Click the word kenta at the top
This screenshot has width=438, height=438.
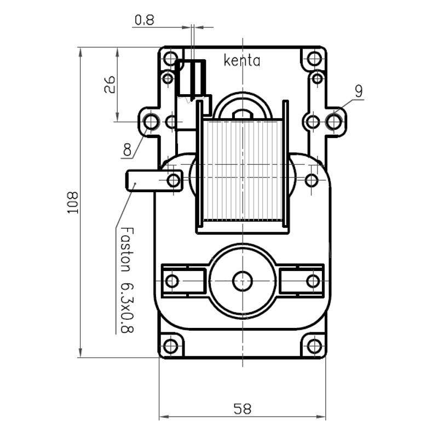pyautogui.click(x=242, y=60)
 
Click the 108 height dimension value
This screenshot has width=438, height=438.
pyautogui.click(x=73, y=203)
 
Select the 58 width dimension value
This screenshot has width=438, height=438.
pyautogui.click(x=242, y=408)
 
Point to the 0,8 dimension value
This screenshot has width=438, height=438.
pyautogui.click(x=144, y=20)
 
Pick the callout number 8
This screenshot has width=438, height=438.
pyautogui.click(x=127, y=149)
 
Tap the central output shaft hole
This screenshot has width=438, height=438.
pyautogui.click(x=242, y=281)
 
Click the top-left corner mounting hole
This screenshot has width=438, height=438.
pyautogui.click(x=171, y=58)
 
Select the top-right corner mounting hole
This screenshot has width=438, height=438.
pyautogui.click(x=314, y=58)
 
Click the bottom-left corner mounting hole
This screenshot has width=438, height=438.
pyautogui.click(x=171, y=346)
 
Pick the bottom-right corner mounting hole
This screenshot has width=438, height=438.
pyautogui.click(x=314, y=346)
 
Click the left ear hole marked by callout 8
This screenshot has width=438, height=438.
pyautogui.click(x=151, y=122)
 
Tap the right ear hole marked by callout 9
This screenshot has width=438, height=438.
pyautogui.click(x=334, y=122)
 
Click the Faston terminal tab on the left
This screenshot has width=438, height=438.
pyautogui.click(x=140, y=180)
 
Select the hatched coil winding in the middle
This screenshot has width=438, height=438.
pyautogui.click(x=241, y=170)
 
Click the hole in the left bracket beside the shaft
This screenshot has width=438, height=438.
pyautogui.click(x=172, y=281)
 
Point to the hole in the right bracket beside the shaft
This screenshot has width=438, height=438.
pyautogui.click(x=313, y=281)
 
